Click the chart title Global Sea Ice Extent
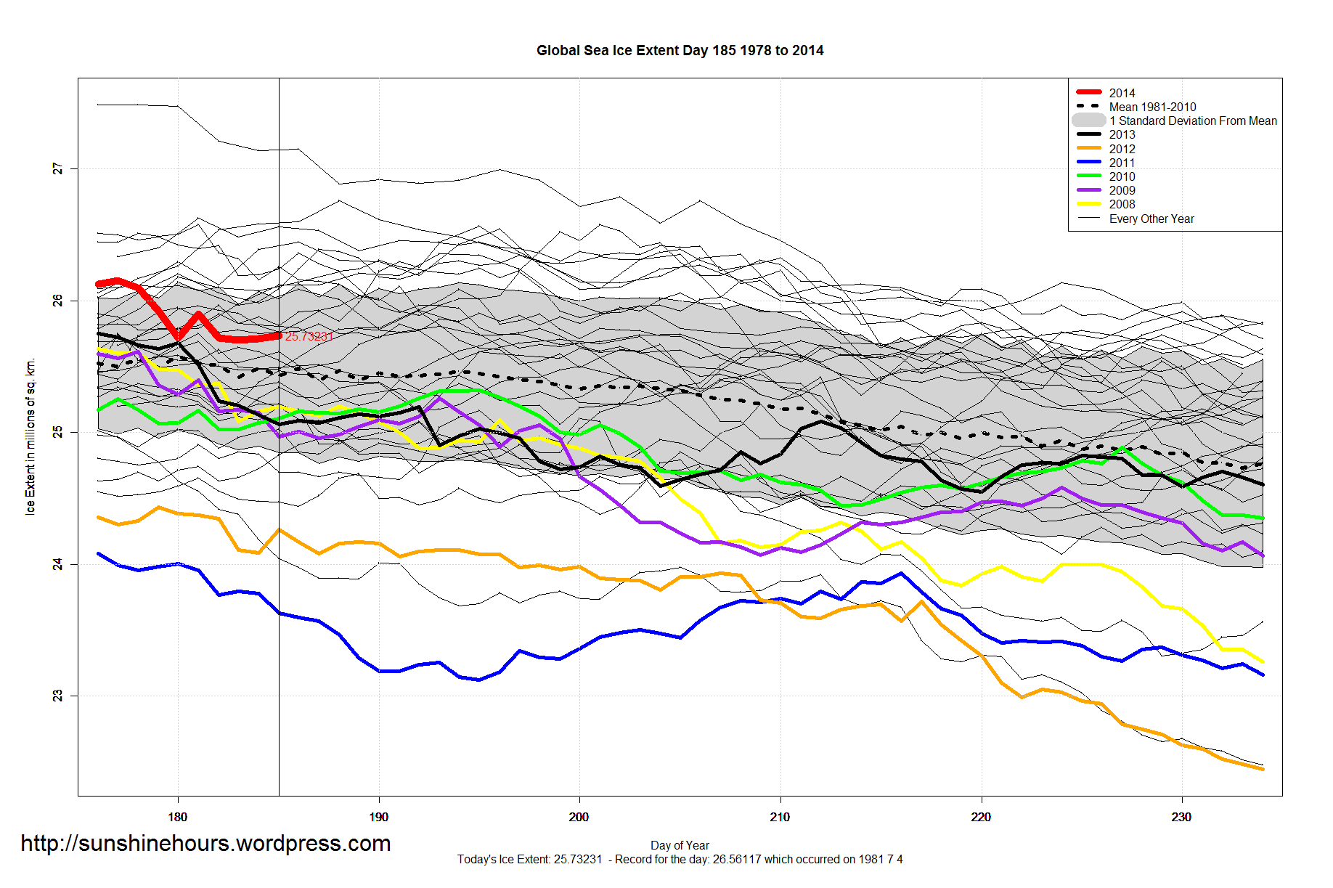[x=680, y=51]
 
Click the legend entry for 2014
[x=1122, y=93]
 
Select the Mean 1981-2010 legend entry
[x=1152, y=107]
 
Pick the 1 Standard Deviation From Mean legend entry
[x=1192, y=121]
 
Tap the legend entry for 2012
[x=1122, y=149]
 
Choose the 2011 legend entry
[x=1122, y=163]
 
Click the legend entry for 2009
[x=1122, y=190]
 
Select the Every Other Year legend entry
[x=1151, y=219]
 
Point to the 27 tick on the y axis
[x=58, y=168]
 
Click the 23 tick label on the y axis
[x=58, y=696]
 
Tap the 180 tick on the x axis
[x=178, y=817]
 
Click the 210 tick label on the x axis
[x=780, y=817]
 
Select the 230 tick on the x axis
[x=1181, y=817]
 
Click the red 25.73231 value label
[x=309, y=336]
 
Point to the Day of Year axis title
[x=680, y=845]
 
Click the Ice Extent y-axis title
[x=30, y=436]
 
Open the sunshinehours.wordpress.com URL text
[x=205, y=843]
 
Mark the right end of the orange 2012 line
[x=1263, y=769]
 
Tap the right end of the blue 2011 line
[x=1263, y=675]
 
